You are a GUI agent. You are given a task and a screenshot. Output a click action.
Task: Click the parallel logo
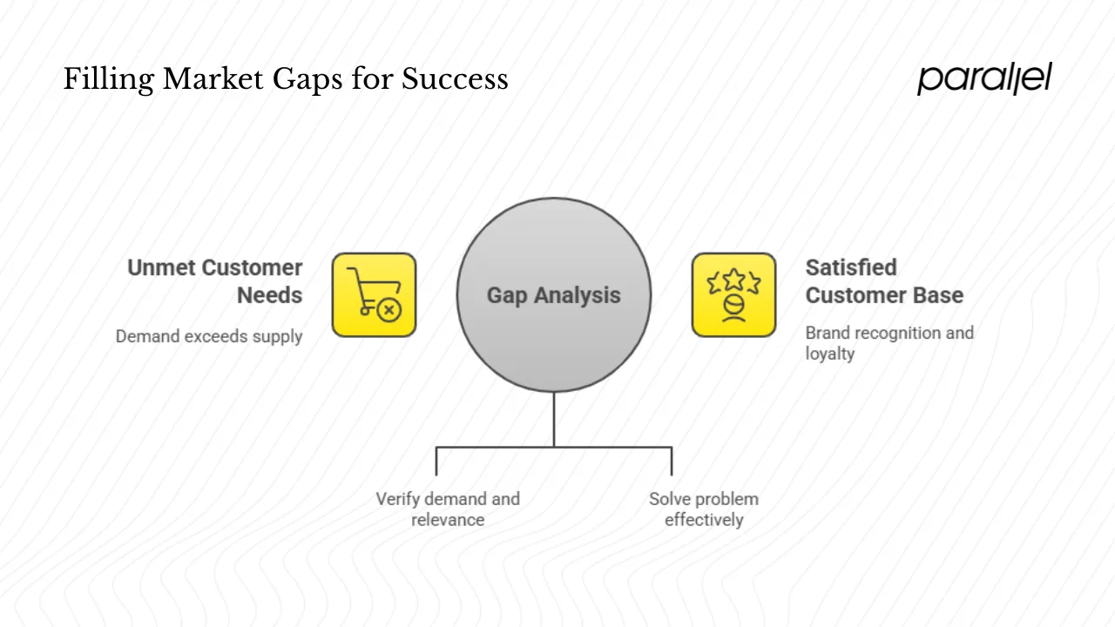click(984, 78)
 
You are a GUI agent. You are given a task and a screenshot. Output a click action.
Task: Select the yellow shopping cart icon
click(374, 295)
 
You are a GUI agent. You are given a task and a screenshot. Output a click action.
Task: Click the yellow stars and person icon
click(733, 295)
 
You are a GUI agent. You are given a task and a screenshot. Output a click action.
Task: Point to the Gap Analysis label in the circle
click(553, 295)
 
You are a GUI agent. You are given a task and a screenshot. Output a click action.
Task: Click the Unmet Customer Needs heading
click(215, 281)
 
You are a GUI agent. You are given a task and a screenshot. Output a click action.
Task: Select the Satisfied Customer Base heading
click(884, 281)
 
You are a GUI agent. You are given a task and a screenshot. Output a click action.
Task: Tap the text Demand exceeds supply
click(209, 336)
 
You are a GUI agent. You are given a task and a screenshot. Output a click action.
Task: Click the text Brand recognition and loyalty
click(889, 343)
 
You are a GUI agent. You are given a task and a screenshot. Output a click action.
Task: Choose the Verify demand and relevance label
click(448, 509)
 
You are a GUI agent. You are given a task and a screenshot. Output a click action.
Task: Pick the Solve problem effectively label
click(704, 509)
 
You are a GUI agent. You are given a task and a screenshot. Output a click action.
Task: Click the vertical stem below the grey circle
click(554, 419)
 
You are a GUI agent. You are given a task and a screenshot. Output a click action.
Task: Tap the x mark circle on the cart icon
click(389, 309)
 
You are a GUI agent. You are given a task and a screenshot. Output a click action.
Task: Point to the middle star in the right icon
click(733, 280)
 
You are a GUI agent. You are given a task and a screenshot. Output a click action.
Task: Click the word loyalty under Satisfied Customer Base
click(829, 354)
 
